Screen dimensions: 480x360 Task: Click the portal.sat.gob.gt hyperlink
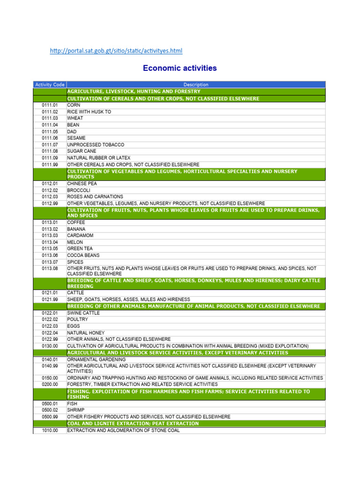point(116,51)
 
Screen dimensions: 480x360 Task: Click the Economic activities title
point(180,68)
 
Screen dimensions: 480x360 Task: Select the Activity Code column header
point(50,84)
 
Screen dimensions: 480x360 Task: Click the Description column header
point(196,84)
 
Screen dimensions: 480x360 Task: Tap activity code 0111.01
point(50,105)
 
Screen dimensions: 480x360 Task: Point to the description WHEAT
point(75,119)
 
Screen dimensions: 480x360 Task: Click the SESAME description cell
point(76,138)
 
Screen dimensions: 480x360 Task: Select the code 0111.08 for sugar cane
point(50,151)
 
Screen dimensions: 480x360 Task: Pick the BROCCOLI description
point(79,190)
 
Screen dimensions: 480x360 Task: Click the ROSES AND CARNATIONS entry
point(95,197)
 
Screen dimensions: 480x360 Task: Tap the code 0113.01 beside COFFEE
point(50,222)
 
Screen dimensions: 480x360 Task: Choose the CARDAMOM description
point(80,235)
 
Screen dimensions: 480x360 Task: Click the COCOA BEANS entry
point(84,255)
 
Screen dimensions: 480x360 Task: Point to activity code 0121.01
point(50,292)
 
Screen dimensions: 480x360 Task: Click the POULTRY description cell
point(77,319)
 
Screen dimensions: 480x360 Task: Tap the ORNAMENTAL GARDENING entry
point(96,360)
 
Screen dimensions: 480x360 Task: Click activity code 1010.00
point(50,430)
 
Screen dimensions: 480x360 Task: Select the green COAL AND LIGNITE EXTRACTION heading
point(133,423)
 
